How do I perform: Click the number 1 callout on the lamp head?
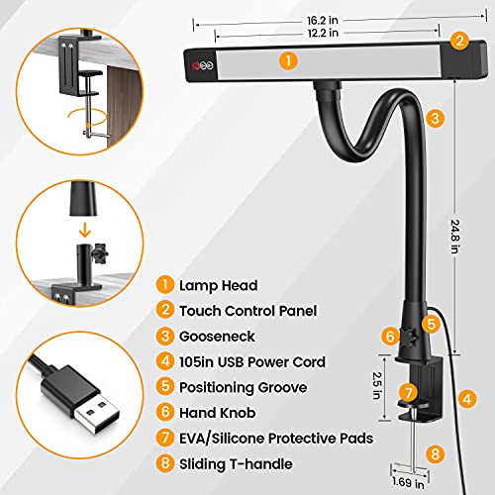click(286, 60)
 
